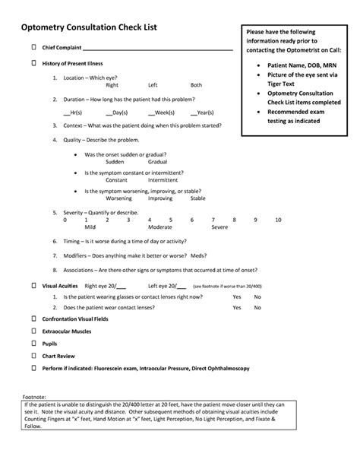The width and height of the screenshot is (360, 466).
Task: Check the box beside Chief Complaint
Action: coord(33,47)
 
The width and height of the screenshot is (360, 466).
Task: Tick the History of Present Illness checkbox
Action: coord(33,64)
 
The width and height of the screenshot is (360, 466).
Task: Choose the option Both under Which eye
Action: coord(196,85)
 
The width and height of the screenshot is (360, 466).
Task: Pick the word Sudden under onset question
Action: coord(115,162)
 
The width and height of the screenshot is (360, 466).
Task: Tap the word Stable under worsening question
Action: coord(197,198)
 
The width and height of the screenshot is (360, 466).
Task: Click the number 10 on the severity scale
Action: coord(278,219)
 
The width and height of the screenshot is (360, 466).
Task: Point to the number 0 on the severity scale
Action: coord(66,219)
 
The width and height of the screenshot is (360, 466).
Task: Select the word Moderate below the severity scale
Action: coord(160,227)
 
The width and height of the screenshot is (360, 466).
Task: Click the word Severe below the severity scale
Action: coord(219,227)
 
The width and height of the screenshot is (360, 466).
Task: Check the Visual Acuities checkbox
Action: coord(33,285)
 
